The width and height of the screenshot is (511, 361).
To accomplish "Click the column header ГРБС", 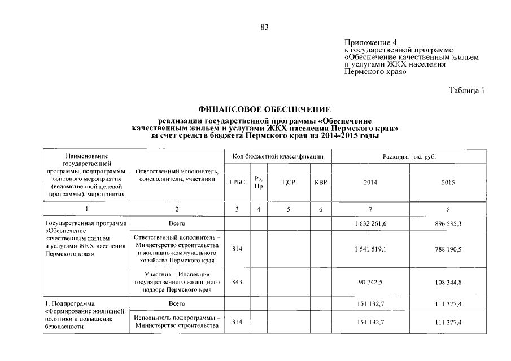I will [x=237, y=183].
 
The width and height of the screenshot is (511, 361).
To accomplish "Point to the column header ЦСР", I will [x=289, y=183].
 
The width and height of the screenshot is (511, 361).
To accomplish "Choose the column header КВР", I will [x=321, y=183].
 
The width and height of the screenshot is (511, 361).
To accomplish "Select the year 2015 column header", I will [x=448, y=183].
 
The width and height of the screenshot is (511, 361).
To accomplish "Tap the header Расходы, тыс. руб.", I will [x=409, y=156].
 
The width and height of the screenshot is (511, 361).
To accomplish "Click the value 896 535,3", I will [x=448, y=223].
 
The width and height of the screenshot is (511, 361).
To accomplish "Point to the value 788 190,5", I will [x=448, y=249].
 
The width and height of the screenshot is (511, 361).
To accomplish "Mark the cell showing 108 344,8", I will [x=448, y=282].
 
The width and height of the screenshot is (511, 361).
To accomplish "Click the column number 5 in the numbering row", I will [x=289, y=209].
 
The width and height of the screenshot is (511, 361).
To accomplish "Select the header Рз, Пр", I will [x=259, y=183].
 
